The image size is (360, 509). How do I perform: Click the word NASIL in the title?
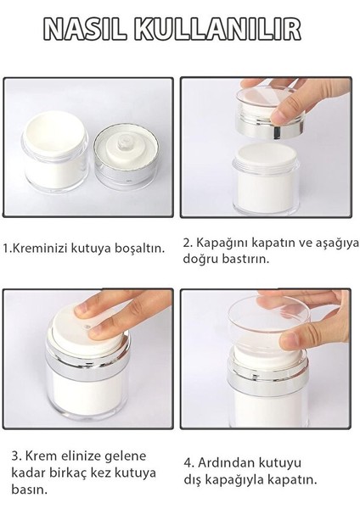85,30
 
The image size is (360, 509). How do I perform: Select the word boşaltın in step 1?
140,249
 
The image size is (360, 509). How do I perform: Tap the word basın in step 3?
29,489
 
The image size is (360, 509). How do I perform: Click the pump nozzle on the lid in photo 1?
125,143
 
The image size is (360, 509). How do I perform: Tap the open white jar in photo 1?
54,152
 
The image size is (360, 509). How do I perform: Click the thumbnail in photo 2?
284,115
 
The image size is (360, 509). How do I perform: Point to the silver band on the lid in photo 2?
272,130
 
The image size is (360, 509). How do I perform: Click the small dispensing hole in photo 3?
87,327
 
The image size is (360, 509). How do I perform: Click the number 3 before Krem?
15,456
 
